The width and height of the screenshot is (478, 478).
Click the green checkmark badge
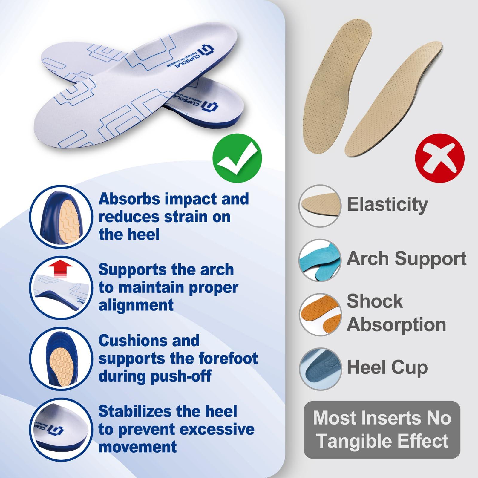tap(237, 158)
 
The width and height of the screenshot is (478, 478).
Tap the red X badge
tap(440, 158)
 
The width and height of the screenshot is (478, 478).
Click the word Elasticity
tap(387, 205)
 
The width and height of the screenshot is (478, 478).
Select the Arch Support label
tap(406, 259)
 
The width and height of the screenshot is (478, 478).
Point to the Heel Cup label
tap(387, 368)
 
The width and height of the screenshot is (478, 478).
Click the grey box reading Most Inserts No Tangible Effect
tap(382, 430)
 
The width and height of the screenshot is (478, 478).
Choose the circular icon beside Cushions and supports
tap(61, 358)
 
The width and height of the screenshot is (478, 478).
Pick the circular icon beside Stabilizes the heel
tap(61, 430)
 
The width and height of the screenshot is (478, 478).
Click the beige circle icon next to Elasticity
tap(320, 206)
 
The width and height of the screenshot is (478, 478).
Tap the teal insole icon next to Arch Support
tap(320, 260)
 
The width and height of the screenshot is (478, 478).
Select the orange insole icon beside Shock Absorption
tap(320, 315)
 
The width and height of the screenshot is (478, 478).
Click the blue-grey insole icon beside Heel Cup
tap(320, 369)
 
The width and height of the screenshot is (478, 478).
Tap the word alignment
tap(136, 305)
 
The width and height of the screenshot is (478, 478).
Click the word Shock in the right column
tap(375, 301)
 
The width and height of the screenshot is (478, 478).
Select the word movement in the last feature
tap(137, 447)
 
